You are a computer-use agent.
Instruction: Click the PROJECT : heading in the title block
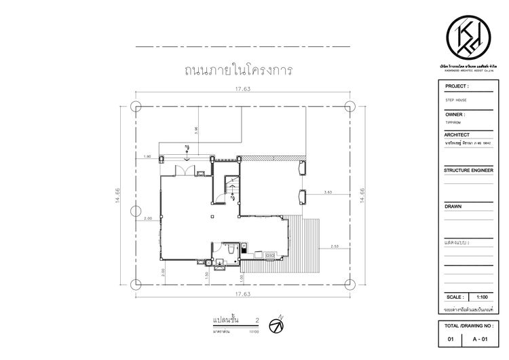click(x=457, y=87)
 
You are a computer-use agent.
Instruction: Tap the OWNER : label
click(x=455, y=115)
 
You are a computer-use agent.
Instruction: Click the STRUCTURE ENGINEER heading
click(x=468, y=170)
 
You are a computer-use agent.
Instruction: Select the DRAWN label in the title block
click(x=453, y=206)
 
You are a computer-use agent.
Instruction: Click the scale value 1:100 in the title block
click(x=483, y=297)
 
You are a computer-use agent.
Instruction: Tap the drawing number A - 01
click(x=479, y=338)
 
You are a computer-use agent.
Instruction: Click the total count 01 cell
click(x=451, y=338)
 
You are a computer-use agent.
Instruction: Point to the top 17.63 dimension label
click(x=242, y=89)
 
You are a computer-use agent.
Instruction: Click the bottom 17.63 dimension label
click(x=242, y=294)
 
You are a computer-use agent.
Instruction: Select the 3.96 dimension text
click(x=195, y=130)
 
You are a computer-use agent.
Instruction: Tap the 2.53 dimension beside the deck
click(x=335, y=245)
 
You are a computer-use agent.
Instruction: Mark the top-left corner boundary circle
click(x=135, y=106)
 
